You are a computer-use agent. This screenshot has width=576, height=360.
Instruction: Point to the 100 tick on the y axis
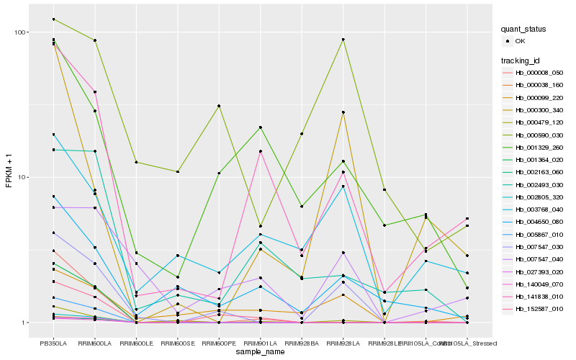[19, 32]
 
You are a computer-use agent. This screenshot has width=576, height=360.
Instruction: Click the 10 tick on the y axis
[22, 177]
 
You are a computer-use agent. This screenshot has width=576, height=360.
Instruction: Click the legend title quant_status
[524, 30]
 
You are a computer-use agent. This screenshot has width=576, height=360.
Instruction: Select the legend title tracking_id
[521, 60]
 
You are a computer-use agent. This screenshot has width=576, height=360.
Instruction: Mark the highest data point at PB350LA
[54, 19]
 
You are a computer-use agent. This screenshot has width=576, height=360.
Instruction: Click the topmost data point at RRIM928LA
[343, 40]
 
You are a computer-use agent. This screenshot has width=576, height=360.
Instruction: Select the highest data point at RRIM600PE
[219, 106]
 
